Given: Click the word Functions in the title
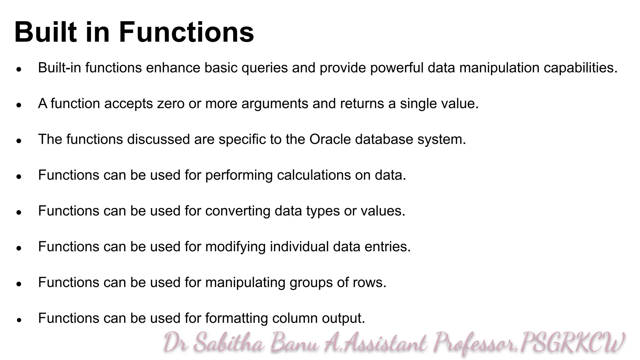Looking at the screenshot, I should point(186,32).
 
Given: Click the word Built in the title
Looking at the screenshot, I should point(45,32).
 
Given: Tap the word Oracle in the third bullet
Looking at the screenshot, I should point(330,139).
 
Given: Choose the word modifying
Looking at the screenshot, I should point(236,247).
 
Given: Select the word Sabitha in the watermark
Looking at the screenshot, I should point(229,343).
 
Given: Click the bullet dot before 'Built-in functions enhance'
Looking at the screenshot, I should point(19,69).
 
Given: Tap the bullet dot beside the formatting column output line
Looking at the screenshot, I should point(19,320).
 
